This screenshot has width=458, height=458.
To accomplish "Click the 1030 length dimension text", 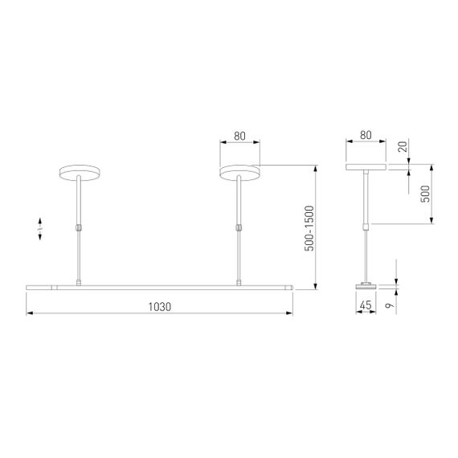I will click(159, 305).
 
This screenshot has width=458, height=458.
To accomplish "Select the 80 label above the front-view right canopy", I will click(239, 136).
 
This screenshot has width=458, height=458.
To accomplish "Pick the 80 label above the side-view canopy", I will click(366, 136).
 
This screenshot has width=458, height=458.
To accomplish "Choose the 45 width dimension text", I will click(366, 305).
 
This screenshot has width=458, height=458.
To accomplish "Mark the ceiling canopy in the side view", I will click(366, 169).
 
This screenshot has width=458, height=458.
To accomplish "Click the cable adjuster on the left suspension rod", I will click(78, 228).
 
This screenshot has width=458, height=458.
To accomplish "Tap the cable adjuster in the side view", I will click(366, 225).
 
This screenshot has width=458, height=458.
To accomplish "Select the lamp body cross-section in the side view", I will click(366, 285).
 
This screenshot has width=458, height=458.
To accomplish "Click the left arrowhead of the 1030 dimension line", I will click(30, 313).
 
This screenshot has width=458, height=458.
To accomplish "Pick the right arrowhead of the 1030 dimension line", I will click(289, 313).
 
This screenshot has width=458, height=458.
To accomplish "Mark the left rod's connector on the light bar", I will click(78, 281).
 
